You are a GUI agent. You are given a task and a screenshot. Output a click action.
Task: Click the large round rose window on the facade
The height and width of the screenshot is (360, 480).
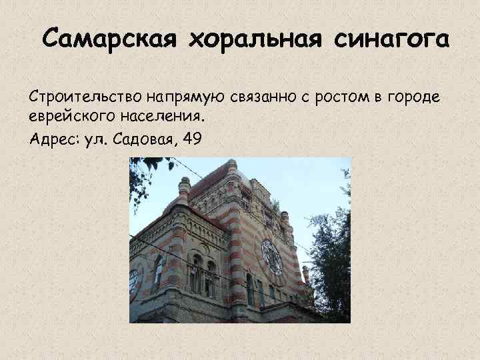[271, 256]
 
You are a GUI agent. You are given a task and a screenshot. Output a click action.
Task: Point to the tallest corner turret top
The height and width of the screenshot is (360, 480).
[232, 166]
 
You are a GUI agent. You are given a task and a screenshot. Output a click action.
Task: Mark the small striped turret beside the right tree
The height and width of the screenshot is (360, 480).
[305, 273]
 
